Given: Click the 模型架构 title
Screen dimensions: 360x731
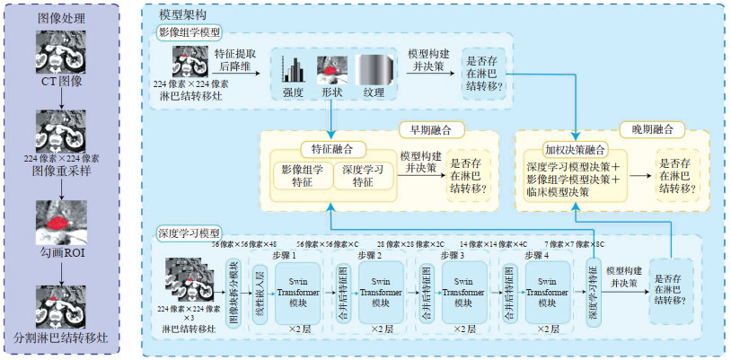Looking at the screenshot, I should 180,16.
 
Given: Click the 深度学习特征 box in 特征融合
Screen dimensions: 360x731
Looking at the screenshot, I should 364,176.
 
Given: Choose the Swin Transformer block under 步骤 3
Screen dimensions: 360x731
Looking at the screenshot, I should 462,292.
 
